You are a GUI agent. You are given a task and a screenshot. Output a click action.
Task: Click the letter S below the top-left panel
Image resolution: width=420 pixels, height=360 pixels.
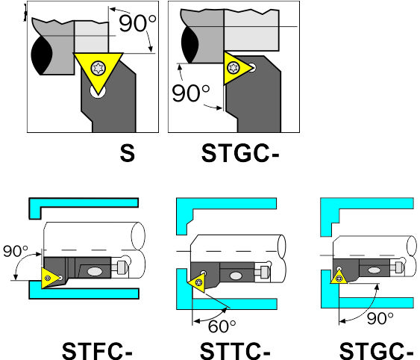point(128,153)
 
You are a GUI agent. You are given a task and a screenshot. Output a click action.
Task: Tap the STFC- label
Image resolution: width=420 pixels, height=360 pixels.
point(97,350)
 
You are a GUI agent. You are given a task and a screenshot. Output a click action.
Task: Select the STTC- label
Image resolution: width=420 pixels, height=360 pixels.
point(235,350)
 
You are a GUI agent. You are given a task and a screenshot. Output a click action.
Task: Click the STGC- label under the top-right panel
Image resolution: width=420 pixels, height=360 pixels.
point(240,153)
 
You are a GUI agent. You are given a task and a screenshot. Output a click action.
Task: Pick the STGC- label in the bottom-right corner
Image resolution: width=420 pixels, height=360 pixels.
point(376,350)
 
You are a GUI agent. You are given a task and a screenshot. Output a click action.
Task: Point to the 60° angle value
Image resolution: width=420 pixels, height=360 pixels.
point(222,326)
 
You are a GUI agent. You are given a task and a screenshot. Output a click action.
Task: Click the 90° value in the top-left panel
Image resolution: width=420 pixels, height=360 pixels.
point(137,23)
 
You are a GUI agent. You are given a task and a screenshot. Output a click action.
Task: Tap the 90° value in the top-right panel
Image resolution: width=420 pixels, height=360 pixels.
point(190,93)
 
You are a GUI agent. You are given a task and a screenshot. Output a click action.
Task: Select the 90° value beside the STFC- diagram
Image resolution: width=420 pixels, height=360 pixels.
point(15,251)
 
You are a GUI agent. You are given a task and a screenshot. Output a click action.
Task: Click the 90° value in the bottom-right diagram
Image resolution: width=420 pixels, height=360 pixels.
point(380,318)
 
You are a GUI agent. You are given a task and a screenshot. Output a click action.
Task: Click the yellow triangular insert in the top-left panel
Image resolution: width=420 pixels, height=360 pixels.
point(98,70)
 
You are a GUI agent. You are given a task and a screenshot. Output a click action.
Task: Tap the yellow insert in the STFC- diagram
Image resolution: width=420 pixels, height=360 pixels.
point(51,278)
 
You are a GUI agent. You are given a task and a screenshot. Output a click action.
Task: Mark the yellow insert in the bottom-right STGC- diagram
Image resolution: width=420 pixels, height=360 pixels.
point(339,277)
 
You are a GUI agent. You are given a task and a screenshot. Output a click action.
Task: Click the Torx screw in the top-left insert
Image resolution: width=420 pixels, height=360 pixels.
point(98,68)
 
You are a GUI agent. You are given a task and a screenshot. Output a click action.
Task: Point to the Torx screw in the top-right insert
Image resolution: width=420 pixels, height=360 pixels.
point(233,68)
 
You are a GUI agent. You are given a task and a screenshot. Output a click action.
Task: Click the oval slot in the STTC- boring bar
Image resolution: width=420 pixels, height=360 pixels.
point(236,276)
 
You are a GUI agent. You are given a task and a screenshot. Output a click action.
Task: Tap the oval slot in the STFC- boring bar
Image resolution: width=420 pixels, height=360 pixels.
point(95,271)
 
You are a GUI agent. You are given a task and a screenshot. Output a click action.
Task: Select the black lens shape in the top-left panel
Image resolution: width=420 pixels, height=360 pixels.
point(41,55)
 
